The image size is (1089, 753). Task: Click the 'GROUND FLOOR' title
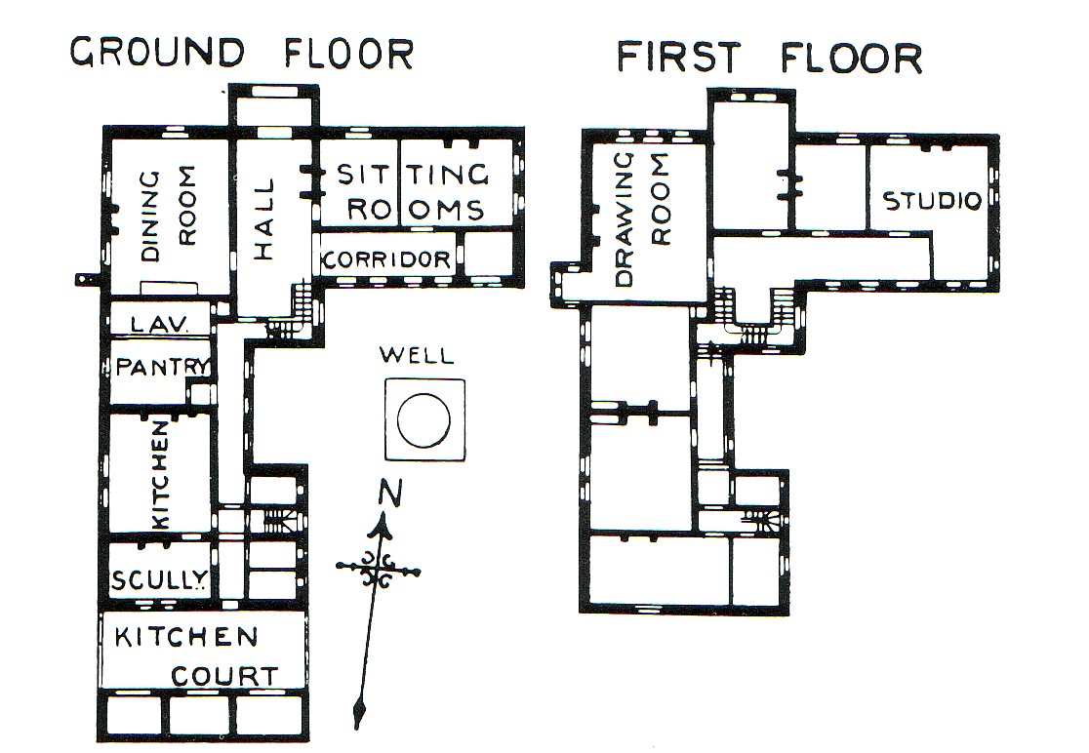click(x=242, y=53)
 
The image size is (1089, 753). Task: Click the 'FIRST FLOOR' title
click(x=770, y=57)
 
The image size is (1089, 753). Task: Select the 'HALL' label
click(x=264, y=219)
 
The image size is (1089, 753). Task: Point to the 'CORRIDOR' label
click(x=386, y=259)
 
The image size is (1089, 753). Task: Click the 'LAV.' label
click(x=159, y=324)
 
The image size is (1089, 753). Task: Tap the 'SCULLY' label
click(x=159, y=579)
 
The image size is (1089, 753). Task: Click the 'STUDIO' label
click(x=932, y=201)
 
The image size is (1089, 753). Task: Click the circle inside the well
click(x=423, y=420)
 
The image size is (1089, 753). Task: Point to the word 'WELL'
click(x=417, y=355)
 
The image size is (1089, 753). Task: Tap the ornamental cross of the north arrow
click(x=378, y=569)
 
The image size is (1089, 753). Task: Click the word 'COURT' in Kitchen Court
click(x=224, y=676)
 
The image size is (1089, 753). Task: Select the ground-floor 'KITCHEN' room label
click(x=160, y=475)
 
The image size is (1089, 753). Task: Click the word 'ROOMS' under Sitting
click(x=416, y=210)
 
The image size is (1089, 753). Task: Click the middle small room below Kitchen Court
click(x=199, y=714)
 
